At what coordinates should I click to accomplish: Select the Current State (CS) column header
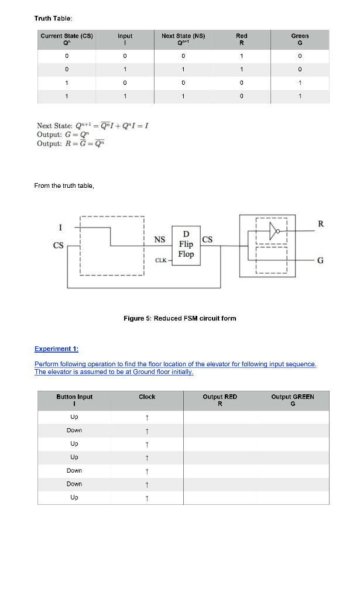pos(67,39)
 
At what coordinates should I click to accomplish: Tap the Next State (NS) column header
pos(183,39)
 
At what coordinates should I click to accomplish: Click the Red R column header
pos(241,39)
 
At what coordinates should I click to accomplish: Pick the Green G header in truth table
pos(300,39)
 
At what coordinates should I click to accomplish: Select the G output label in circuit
pos(320,261)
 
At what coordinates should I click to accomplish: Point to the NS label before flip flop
pos(159,239)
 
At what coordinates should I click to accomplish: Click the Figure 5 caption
pos(180,318)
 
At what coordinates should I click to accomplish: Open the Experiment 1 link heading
pos(56,349)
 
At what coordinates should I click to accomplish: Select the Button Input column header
pos(74,400)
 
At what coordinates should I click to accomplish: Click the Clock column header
pos(147,397)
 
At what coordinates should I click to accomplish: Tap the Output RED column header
pos(220,400)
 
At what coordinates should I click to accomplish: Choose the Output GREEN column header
pos(293,400)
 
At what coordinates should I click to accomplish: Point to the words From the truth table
pos(64,186)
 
